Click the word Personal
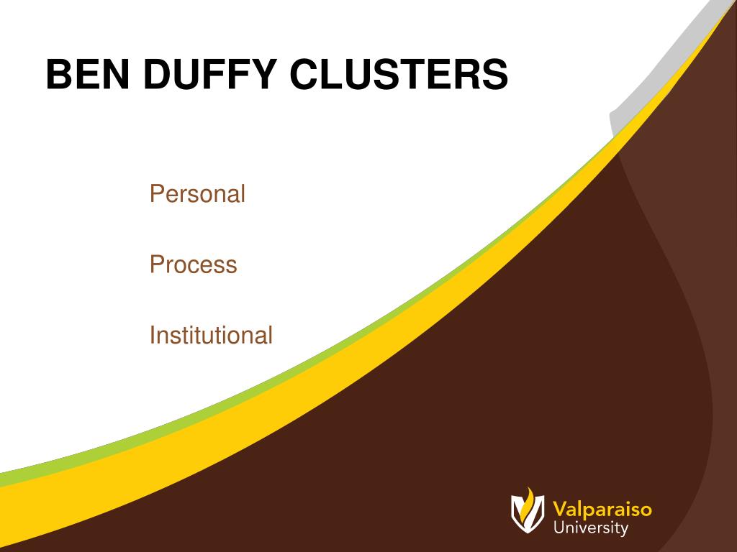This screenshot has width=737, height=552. [197, 194]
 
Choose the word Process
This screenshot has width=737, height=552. [193, 264]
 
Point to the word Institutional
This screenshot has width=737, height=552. [211, 335]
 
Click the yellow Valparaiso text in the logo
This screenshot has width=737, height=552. [602, 510]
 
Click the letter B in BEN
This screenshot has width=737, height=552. [58, 75]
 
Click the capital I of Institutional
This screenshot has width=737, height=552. [152, 335]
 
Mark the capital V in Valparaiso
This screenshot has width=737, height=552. [560, 510]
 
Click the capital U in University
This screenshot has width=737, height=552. [559, 529]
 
